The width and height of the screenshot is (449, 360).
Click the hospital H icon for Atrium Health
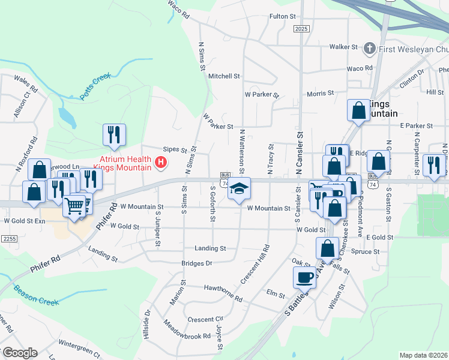click(160, 162)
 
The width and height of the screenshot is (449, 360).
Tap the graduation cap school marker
click(239, 189)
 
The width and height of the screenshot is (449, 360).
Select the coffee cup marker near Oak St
click(304, 277)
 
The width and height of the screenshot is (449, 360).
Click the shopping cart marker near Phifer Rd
click(74, 206)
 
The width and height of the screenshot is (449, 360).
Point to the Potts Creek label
click(95, 86)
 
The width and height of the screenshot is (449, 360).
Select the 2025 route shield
click(301, 29)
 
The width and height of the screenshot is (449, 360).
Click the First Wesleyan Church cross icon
click(370, 47)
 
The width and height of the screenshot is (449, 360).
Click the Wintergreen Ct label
click(80, 346)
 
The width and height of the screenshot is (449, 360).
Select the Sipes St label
click(176, 150)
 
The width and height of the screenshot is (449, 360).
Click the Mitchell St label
click(224, 76)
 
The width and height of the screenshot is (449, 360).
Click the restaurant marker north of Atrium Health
click(114, 134)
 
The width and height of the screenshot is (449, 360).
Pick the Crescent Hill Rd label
click(254, 265)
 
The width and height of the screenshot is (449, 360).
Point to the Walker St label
click(343, 46)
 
